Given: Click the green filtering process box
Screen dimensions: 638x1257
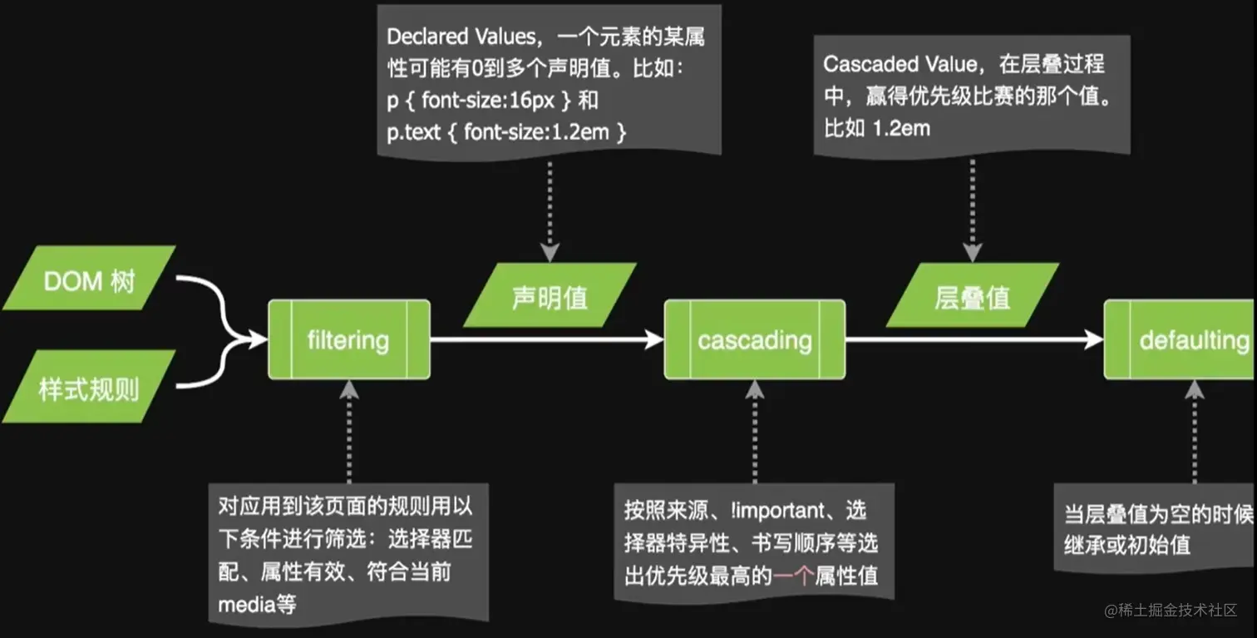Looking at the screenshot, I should [x=348, y=339].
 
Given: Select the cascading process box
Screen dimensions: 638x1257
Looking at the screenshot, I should [x=754, y=339].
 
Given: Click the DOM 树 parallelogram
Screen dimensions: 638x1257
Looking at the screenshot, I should [x=89, y=279].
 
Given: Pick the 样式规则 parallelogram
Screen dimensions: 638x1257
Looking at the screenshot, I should [x=89, y=388].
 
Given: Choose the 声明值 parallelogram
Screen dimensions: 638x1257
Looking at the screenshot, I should [x=550, y=296].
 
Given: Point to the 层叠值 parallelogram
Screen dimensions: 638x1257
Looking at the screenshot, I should [x=972, y=296].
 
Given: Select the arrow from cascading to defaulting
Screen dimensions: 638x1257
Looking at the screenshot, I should [x=974, y=339].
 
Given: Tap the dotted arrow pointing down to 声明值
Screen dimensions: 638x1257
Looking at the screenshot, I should [x=550, y=208].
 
